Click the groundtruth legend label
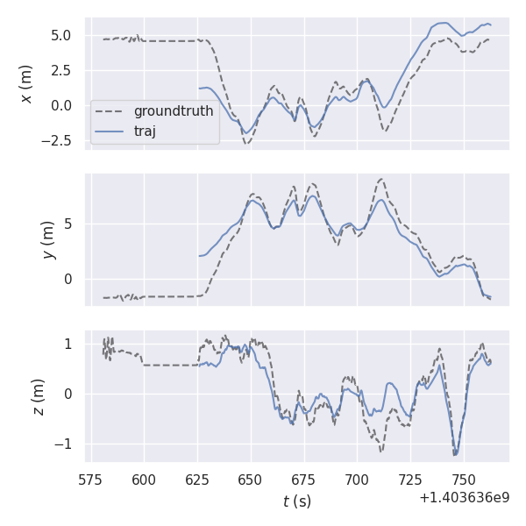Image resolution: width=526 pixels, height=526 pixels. coord(173,111)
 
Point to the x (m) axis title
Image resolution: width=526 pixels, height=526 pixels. coord(26,84)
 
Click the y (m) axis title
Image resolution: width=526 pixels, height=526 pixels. coord(48,239)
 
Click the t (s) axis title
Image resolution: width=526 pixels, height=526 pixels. coord(296,501)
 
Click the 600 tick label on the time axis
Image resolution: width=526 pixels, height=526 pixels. coord(144,480)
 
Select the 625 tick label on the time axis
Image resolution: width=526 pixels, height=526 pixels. coord(197,480)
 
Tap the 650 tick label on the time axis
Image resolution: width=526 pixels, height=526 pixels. coord(251,480)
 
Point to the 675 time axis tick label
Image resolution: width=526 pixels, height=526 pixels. coord(303,480)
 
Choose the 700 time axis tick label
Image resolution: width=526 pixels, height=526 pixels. coord(357,480)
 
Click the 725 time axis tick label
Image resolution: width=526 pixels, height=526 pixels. coord(410,480)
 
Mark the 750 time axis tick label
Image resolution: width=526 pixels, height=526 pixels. coord(463,480)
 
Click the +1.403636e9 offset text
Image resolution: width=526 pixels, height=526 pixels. coord(464,497)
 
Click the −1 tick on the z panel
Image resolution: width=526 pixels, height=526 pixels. coord(69,444)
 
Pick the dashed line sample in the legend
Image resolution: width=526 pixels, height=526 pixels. coord(110,111)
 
